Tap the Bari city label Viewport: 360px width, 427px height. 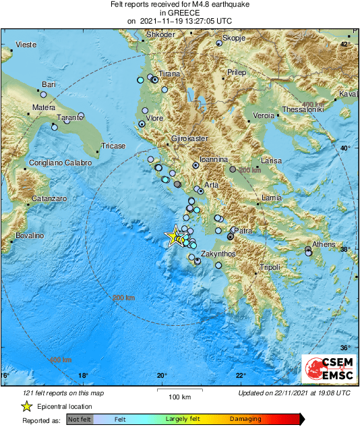pyautogui.click(x=49, y=84)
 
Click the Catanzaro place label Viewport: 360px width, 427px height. pyautogui.click(x=49, y=199)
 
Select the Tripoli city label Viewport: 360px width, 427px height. pyautogui.click(x=270, y=268)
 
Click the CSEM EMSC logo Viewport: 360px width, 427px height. pyautogui.click(x=325, y=369)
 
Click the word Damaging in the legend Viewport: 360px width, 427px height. pyautogui.click(x=245, y=419)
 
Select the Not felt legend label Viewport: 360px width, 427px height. pyautogui.click(x=80, y=419)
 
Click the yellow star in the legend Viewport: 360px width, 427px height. pyautogui.click(x=26, y=406)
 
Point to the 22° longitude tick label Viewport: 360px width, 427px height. pyautogui.click(x=241, y=376)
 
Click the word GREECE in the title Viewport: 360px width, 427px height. pyautogui.click(x=179, y=12)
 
